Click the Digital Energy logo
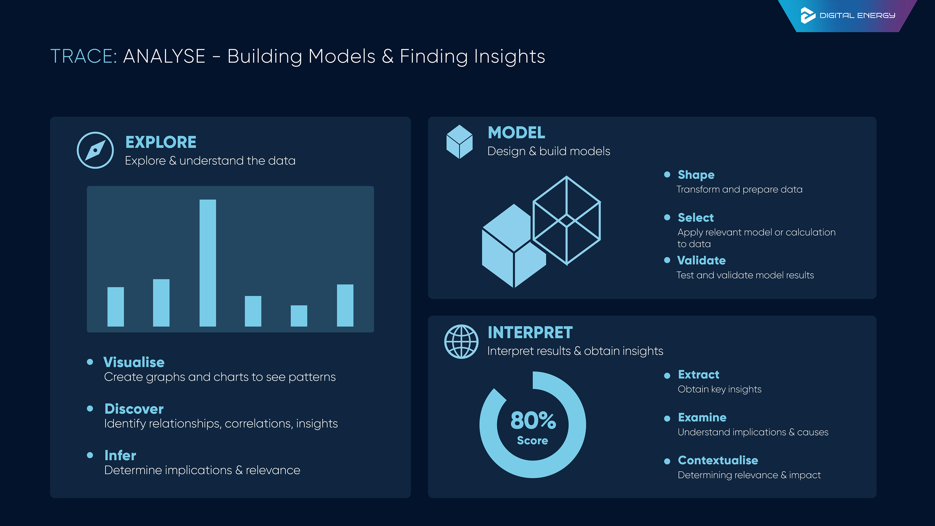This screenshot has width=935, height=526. coord(848,15)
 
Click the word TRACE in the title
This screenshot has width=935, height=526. coord(83,57)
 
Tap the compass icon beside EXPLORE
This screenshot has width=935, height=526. coord(95,150)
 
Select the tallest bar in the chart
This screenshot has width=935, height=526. coord(208,263)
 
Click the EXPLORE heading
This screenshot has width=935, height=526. coord(160,142)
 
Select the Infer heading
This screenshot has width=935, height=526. coord(120,455)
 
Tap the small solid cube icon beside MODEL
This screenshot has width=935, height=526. coord(459,142)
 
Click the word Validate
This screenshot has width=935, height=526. coord(701,260)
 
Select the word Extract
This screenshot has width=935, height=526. coord(698,374)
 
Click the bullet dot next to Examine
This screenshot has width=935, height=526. coord(667,419)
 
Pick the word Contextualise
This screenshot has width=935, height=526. coord(718,460)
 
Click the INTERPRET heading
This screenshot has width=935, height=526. coord(530,332)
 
